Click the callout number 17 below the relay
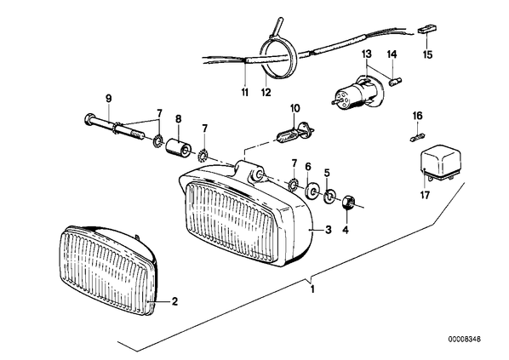tap(425, 195)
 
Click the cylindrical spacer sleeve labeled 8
tap(178, 146)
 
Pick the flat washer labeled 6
tap(312, 191)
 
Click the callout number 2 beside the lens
tap(174, 302)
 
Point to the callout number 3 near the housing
tap(329, 230)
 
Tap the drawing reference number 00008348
tap(464, 340)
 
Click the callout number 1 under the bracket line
tap(312, 289)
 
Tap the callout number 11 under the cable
tap(245, 92)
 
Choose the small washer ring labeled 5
tap(329, 197)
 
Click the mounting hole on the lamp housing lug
tap(260, 174)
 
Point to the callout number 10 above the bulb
tap(295, 108)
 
